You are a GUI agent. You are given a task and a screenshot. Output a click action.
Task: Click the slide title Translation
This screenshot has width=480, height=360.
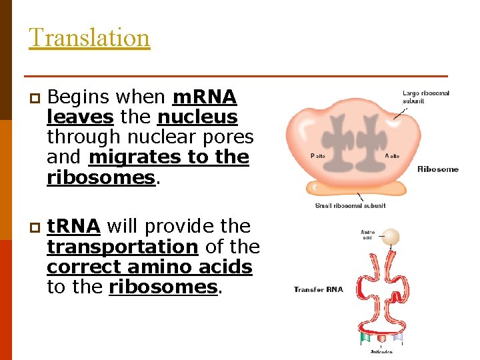click(89, 37)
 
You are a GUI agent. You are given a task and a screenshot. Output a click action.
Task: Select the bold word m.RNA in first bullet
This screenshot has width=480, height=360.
click(204, 97)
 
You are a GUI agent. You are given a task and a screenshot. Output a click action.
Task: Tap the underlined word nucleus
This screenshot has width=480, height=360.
click(197, 117)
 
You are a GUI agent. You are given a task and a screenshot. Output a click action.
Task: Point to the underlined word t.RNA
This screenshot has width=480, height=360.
click(73, 227)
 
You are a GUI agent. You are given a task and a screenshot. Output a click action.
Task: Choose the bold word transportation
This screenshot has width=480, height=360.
click(122, 247)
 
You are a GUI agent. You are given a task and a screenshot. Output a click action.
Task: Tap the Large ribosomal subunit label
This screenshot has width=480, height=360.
click(425, 97)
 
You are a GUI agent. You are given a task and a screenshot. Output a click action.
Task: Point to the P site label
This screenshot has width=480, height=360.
click(318, 155)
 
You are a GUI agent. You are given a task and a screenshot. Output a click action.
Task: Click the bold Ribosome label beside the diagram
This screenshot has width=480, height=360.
click(437, 169)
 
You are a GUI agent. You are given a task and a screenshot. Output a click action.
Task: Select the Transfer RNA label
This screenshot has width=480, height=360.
click(318, 289)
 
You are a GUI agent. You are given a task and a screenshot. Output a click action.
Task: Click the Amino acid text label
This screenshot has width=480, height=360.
click(368, 235)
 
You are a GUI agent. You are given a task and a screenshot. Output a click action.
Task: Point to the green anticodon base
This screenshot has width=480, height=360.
click(365, 338)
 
